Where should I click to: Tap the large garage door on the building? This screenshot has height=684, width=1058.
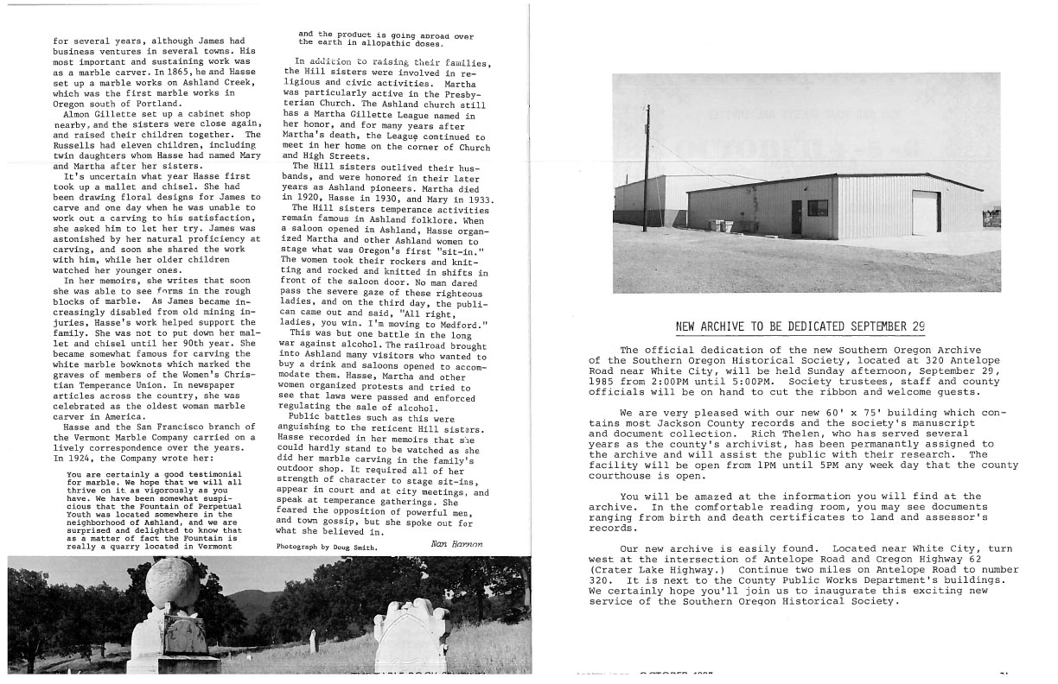[926, 212]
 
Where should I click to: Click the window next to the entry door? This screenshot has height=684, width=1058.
[817, 208]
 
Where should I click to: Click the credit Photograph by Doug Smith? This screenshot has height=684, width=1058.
[326, 547]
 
